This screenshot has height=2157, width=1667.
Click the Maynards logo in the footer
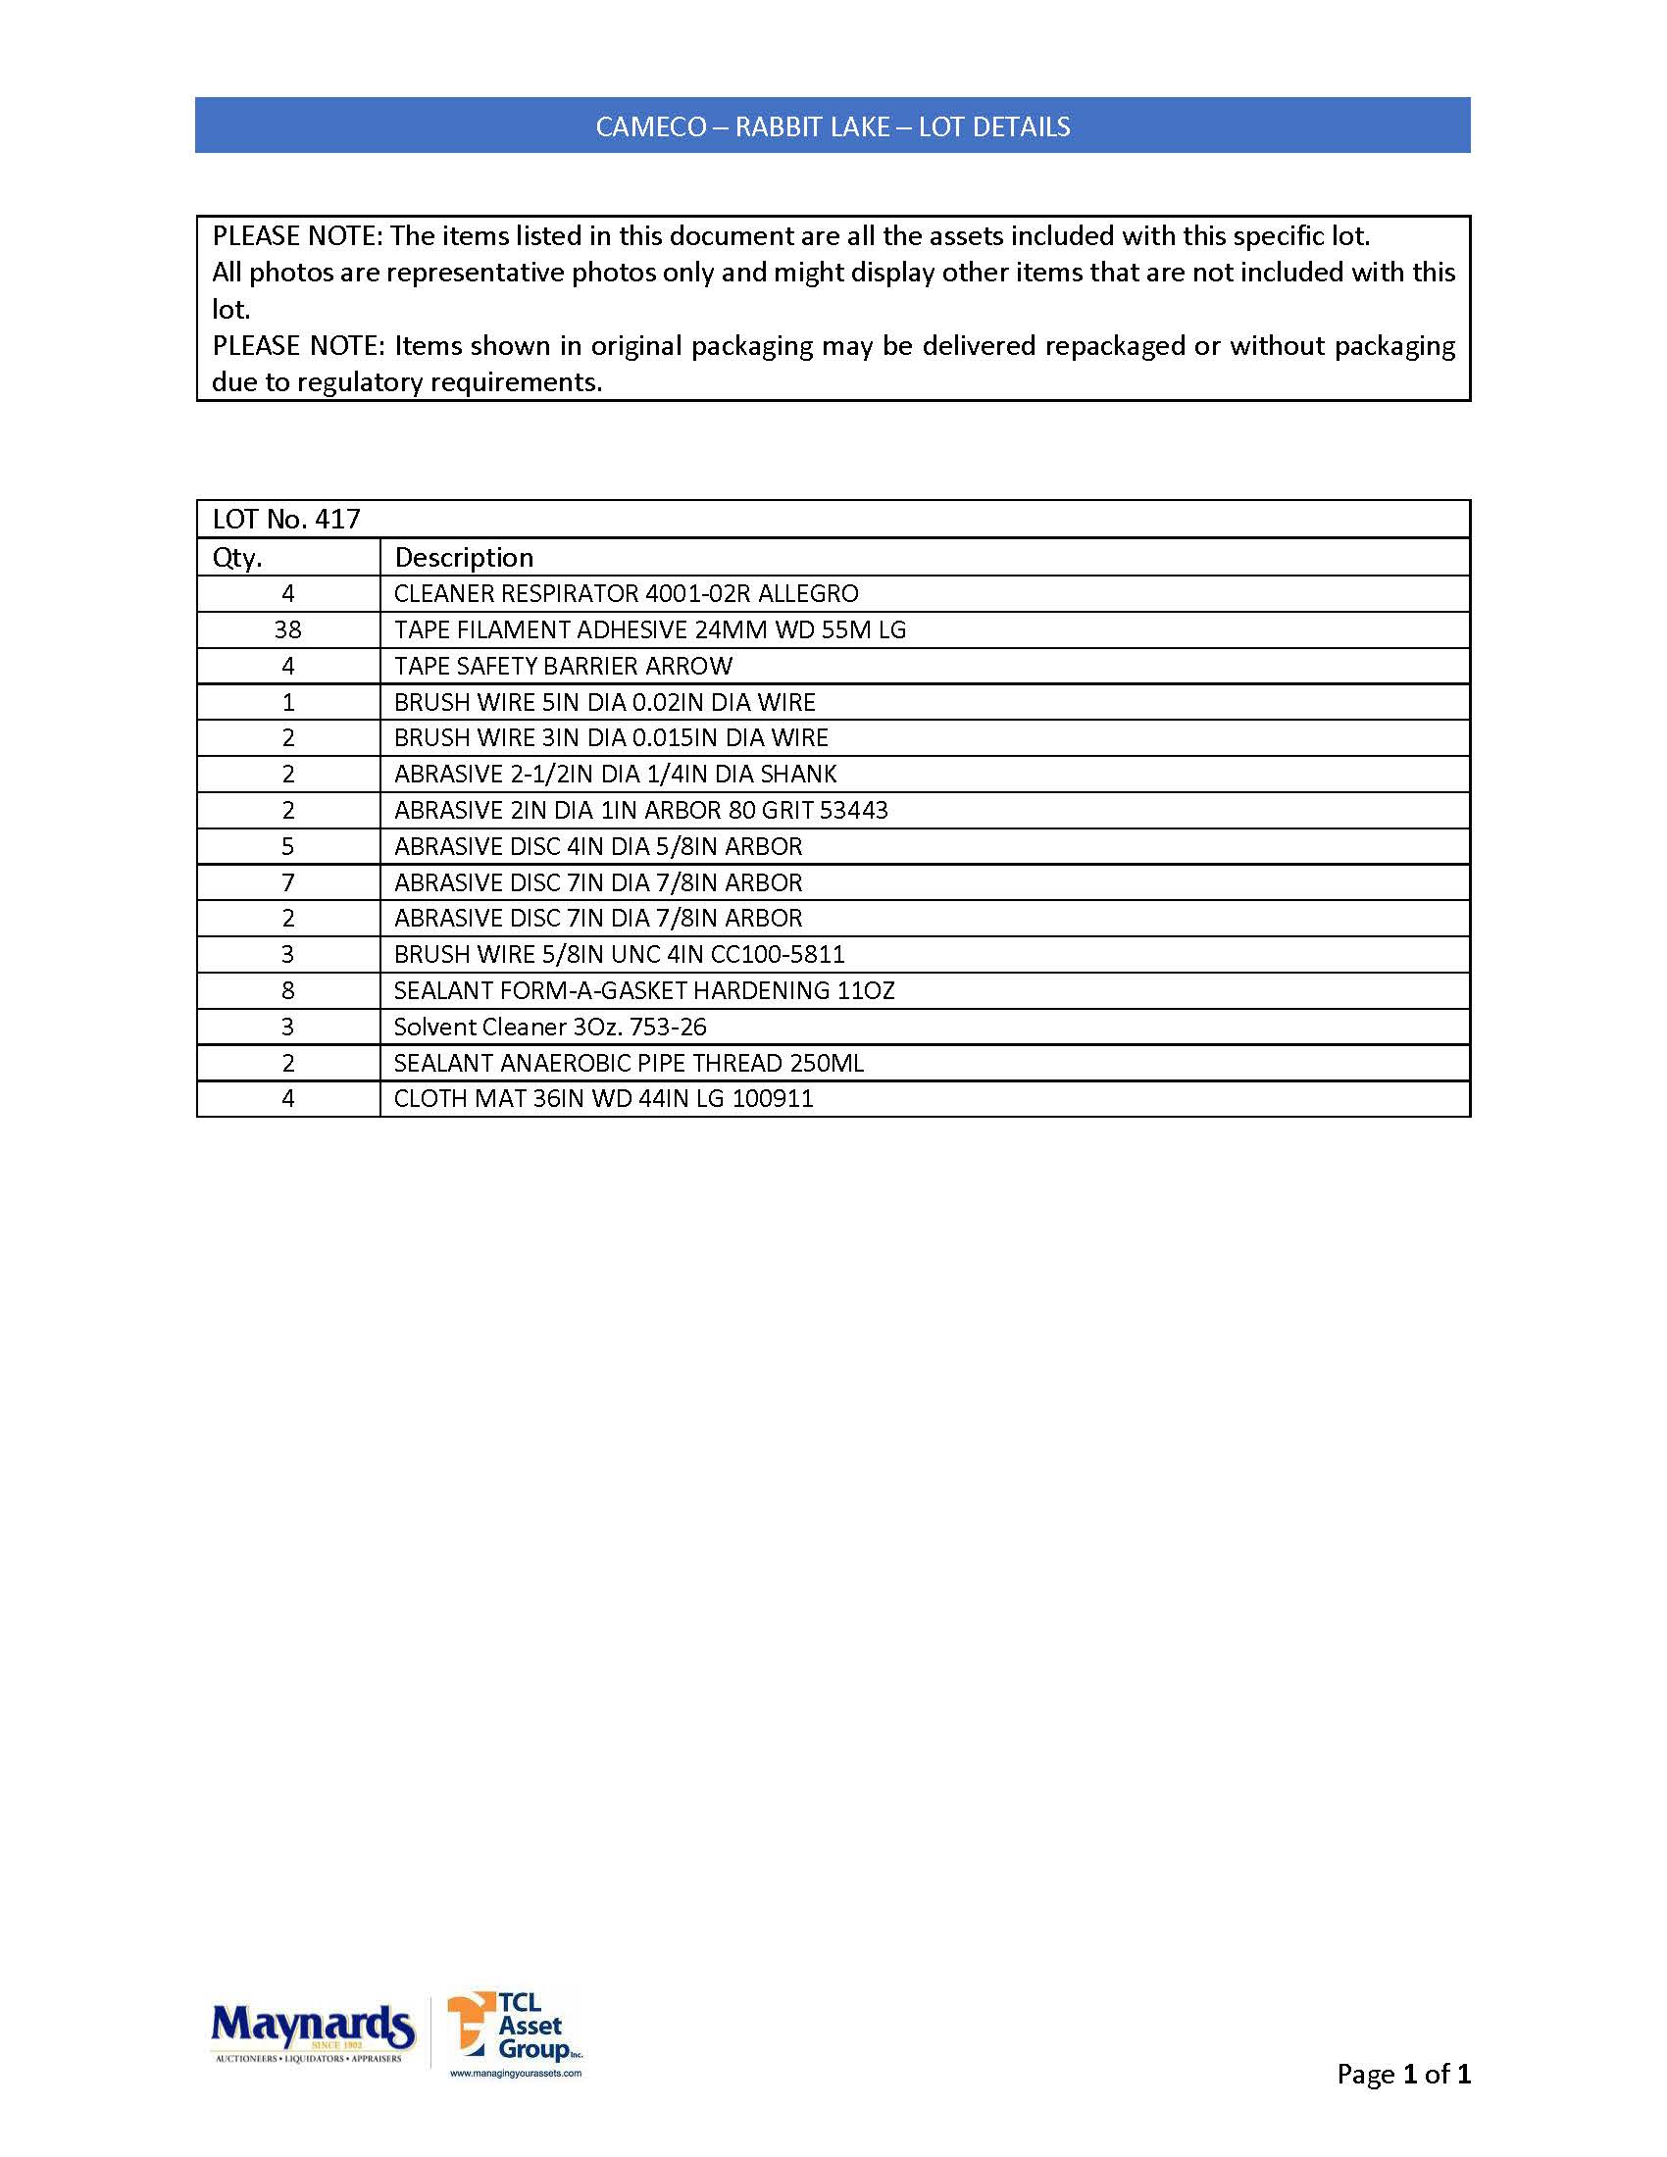pyautogui.click(x=312, y=2031)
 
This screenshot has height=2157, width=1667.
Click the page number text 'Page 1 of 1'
pyautogui.click(x=1402, y=2073)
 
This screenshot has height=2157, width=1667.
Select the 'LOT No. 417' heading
pyautogui.click(x=286, y=520)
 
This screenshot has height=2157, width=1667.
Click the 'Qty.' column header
pyautogui.click(x=237, y=558)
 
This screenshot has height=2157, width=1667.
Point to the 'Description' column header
pyautogui.click(x=463, y=558)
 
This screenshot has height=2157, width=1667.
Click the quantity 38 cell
pyautogui.click(x=287, y=630)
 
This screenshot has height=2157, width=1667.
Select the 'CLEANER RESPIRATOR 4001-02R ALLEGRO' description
pyautogui.click(x=627, y=593)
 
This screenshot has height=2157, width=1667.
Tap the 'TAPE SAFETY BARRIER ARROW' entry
pyautogui.click(x=563, y=667)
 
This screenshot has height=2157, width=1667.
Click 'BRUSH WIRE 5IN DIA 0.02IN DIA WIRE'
pyautogui.click(x=604, y=702)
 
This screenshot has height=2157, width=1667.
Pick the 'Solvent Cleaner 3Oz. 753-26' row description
pyautogui.click(x=550, y=1028)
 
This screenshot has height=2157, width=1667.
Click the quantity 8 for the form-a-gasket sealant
pyautogui.click(x=287, y=990)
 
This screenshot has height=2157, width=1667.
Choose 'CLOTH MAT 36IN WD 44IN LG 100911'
pyautogui.click(x=603, y=1099)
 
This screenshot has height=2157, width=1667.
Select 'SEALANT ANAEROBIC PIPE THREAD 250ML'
pyautogui.click(x=629, y=1064)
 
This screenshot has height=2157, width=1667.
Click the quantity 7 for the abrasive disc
pyautogui.click(x=287, y=883)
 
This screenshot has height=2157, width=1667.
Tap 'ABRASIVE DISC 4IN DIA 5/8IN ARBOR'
pyautogui.click(x=597, y=846)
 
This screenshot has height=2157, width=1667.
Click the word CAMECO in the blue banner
pyautogui.click(x=651, y=127)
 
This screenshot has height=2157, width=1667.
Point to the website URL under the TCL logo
pyautogui.click(x=516, y=2073)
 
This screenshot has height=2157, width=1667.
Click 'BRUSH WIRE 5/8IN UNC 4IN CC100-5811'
pyautogui.click(x=619, y=955)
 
